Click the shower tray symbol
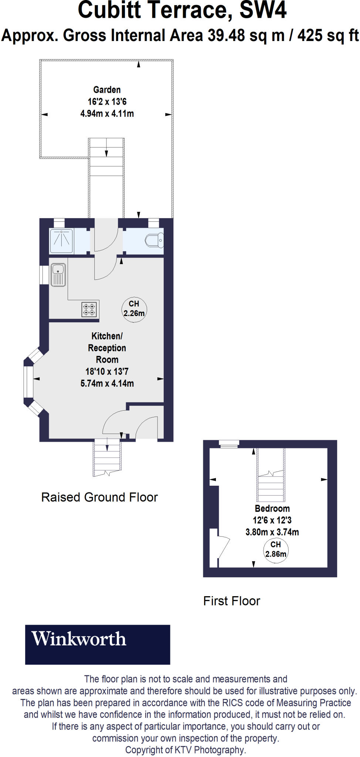(x=61, y=241)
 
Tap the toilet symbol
(x=154, y=241)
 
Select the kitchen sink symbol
(x=58, y=274)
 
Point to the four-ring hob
(x=89, y=309)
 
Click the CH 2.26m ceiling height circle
(x=134, y=309)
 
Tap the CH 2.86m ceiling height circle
(x=276, y=550)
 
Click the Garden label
(x=107, y=90)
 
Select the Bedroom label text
(x=272, y=509)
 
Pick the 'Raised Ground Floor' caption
(x=99, y=498)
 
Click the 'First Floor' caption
(x=232, y=601)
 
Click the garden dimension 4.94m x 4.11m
(x=107, y=114)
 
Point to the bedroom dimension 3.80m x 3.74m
(x=272, y=532)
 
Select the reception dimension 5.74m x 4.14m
(x=107, y=383)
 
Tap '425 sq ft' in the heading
(x=328, y=36)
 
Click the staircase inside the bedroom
(x=271, y=481)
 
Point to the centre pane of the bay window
(x=28, y=381)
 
